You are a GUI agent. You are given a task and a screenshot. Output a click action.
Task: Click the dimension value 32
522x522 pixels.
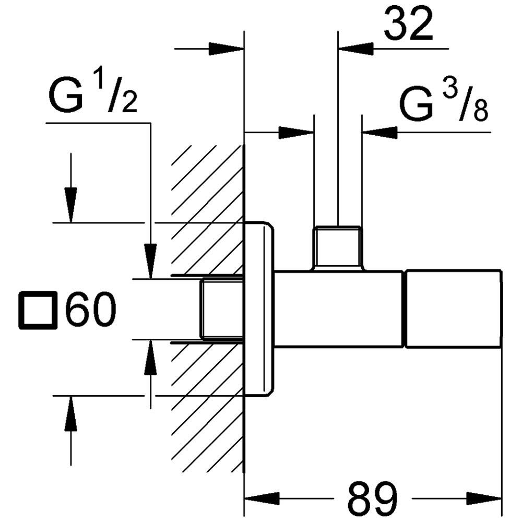click(x=408, y=23)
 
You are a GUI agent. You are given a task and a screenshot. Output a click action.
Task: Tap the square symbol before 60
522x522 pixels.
click(x=38, y=312)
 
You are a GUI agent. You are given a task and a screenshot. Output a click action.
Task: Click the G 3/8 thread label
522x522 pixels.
click(x=444, y=104)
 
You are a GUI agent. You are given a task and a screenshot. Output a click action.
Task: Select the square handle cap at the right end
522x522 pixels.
click(x=453, y=309)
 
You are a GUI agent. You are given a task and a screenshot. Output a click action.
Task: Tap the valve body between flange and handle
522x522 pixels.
click(x=339, y=309)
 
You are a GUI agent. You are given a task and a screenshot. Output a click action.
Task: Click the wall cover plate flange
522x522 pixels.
click(x=259, y=309)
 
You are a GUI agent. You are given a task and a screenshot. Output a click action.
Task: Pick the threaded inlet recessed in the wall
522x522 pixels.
click(x=222, y=309)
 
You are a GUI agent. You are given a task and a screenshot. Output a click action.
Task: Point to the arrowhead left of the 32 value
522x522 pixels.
click(x=357, y=49)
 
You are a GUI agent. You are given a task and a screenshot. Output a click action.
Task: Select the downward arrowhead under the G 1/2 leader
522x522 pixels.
click(x=151, y=261)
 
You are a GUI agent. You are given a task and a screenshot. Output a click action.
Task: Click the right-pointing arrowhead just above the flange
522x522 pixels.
click(x=295, y=133)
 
